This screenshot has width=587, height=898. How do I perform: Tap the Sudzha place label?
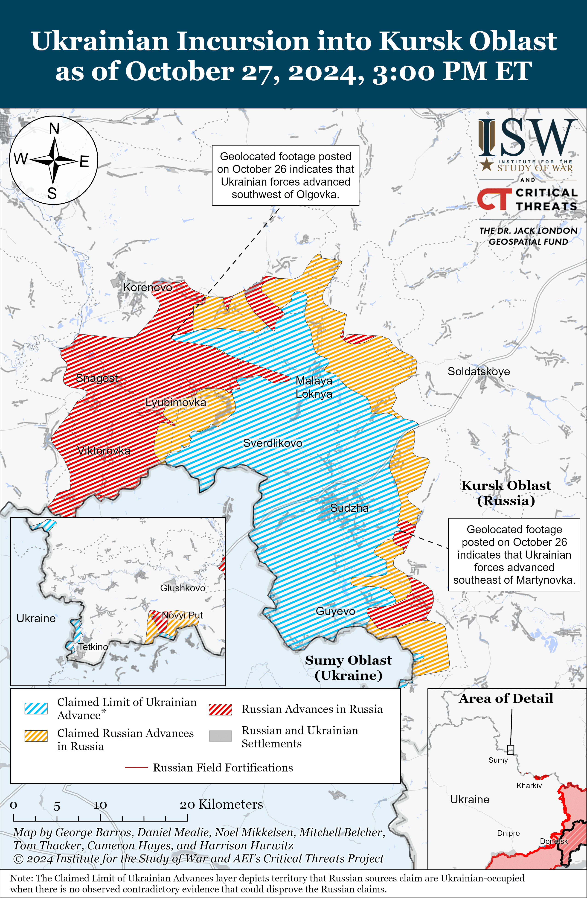[349, 508]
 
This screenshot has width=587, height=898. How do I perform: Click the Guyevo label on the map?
[335, 611]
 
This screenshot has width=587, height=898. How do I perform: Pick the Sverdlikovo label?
[272, 443]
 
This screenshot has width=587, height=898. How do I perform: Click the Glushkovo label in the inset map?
[183, 588]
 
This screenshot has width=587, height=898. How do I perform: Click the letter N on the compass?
[54, 129]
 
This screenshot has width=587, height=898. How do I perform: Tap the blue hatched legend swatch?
[36, 708]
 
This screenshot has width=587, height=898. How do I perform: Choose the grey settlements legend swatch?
[220, 736]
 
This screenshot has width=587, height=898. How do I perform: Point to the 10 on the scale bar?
[100, 805]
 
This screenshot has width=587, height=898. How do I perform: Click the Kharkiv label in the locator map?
[529, 786]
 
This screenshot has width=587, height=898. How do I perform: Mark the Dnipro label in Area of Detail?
[508, 833]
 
